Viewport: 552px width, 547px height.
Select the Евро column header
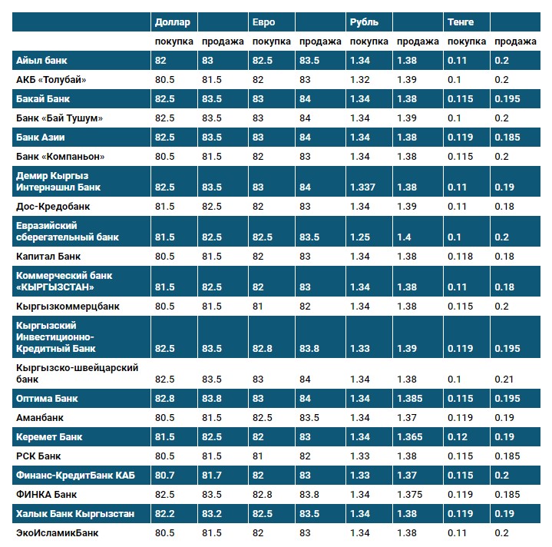coord(263,22)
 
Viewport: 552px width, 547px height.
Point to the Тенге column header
coord(461,22)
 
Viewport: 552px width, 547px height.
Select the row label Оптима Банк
coord(47,399)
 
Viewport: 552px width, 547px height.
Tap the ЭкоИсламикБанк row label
coord(58,532)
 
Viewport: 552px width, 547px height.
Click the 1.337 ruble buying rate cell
coord(363,187)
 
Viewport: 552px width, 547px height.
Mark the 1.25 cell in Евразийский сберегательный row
coord(360,237)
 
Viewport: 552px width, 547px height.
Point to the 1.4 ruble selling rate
coord(404,237)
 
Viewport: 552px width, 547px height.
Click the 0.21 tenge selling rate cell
coord(502,380)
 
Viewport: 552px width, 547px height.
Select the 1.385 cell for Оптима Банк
coord(412,399)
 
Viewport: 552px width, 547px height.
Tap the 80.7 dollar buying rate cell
coord(166,475)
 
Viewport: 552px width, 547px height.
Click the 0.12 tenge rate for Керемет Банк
coord(458,436)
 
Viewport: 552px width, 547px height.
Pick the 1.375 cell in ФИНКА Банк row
coord(412,494)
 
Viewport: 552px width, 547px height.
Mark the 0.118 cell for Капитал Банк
coord(461,256)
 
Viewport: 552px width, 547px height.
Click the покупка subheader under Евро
coord(271,41)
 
